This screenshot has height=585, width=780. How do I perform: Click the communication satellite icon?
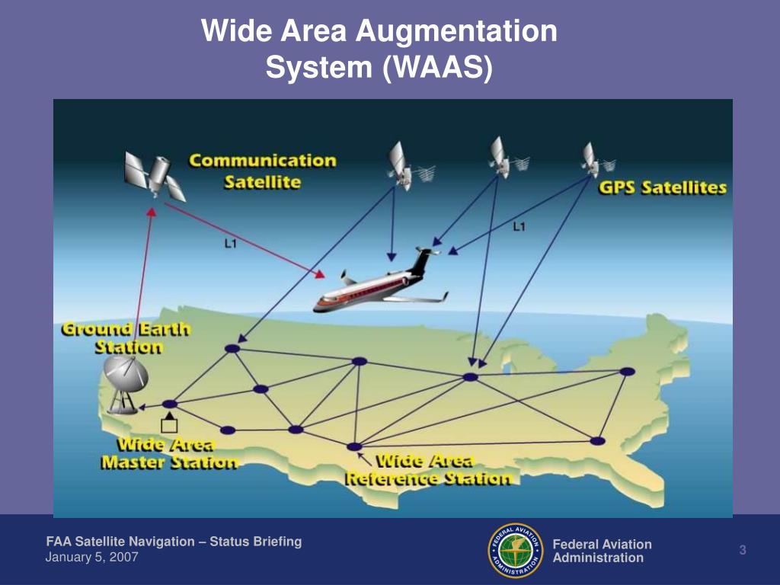point(155,175)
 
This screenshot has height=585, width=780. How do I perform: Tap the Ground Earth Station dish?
point(125,385)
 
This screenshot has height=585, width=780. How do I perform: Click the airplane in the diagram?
point(381,282)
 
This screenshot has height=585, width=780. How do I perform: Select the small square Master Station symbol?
point(169,426)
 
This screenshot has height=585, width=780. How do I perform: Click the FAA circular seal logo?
point(516,550)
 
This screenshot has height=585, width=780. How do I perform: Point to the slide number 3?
point(742,550)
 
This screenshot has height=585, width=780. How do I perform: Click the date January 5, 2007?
point(91,557)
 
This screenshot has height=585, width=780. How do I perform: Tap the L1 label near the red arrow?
point(230,244)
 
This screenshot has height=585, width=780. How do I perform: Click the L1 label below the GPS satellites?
point(519,227)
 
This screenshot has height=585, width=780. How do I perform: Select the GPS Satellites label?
point(662,187)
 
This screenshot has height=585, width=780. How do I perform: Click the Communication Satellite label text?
point(263,171)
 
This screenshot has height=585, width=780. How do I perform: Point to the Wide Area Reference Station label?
point(428,469)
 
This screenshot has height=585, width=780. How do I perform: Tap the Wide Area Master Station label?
point(169,453)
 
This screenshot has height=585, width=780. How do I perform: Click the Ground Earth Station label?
point(126,337)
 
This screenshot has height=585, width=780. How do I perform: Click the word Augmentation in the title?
point(456,30)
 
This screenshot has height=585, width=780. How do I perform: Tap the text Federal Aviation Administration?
point(602,551)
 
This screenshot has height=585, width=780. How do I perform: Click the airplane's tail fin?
point(420,261)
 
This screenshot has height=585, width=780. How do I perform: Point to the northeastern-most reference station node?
point(628,372)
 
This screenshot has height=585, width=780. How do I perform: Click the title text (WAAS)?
point(438,67)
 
